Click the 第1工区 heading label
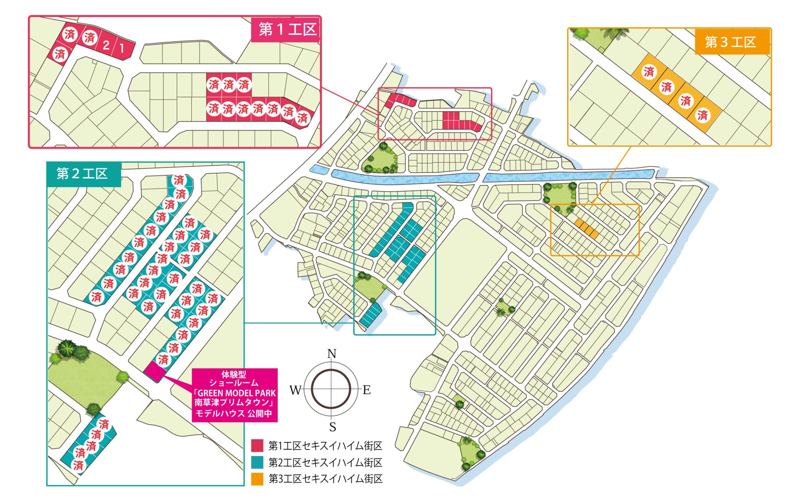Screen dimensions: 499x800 point(287,29)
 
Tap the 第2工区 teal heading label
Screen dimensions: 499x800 point(82,173)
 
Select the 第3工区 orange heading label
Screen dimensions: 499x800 point(730,42)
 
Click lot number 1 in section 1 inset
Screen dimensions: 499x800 point(122,48)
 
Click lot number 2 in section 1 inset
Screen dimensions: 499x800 point(106,45)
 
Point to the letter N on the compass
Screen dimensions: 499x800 point(331,354)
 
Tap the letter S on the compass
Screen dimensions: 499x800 point(332,427)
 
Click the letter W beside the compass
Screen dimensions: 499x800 point(295,390)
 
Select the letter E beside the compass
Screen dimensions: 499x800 point(366,390)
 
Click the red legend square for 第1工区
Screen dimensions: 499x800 point(257,446)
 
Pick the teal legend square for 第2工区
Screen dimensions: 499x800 point(257,462)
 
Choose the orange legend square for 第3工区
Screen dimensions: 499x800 point(257,479)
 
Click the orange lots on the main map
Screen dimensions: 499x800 point(586,229)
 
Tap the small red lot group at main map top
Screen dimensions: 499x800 point(399,100)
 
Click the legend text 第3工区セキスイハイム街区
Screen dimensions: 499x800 point(325,479)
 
